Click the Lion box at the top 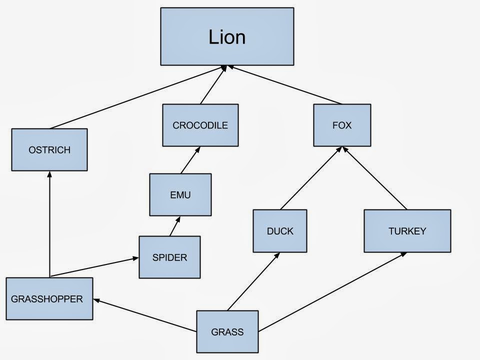coord(227,36)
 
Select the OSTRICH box coord(49,150)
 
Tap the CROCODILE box coord(200,125)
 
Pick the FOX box coord(342,125)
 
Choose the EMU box coord(180,195)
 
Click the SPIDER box coord(169,257)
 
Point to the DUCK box coord(279,231)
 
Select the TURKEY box coord(407,231)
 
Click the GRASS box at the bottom coord(227,332)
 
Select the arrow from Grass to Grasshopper coord(145,315)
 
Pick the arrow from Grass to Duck coord(253,281)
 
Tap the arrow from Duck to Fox coord(311,178)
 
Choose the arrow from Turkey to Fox coord(375,178)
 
